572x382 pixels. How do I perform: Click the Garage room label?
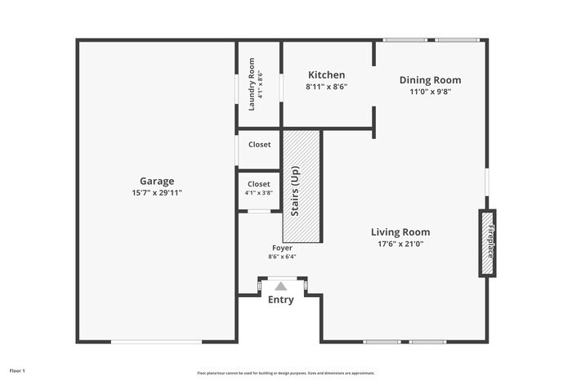coord(156,181)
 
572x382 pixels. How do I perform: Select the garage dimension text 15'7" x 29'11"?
coord(156,193)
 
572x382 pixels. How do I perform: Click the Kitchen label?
coord(326,74)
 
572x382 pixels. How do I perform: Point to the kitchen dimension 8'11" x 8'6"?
coord(326,87)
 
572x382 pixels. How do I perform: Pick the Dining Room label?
coord(430,79)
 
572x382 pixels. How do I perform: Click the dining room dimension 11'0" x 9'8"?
coord(430,92)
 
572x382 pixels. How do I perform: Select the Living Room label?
coord(400,231)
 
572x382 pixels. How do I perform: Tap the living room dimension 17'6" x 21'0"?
coord(400,244)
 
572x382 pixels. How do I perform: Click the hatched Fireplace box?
coord(487,243)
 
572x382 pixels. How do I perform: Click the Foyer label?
coord(282,247)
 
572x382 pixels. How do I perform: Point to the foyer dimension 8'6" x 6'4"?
coord(282,256)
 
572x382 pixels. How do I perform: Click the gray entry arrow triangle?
coord(281,286)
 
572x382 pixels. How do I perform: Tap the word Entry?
coord(281,300)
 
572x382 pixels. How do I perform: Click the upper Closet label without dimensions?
coord(259,145)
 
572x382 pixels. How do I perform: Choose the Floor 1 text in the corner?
coord(17,371)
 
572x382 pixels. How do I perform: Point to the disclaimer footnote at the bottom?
coord(285,371)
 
